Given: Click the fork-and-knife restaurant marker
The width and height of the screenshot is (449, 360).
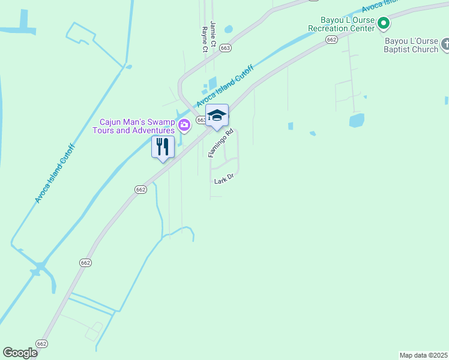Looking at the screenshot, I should tap(163, 148).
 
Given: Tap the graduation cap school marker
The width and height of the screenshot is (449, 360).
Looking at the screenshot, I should tap(217, 116).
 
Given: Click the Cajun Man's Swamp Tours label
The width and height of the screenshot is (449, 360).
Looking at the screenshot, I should tap(133, 126).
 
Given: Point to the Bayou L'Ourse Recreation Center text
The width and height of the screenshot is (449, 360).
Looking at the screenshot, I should tap(341, 24).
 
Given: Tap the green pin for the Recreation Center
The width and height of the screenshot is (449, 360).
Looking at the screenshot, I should tap(384, 24).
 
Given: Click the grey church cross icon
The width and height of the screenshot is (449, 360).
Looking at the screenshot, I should tap(445, 44).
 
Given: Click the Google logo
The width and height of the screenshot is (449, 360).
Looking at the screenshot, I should tap(20, 353).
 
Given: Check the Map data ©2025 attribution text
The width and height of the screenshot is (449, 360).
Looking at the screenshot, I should tap(424, 355).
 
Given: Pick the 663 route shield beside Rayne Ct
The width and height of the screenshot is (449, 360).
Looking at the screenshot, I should tap(225, 48).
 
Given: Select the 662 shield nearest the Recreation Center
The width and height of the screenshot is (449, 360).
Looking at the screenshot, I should tap(331, 39).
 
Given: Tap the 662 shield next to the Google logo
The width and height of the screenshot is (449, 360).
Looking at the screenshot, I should tap(41, 343).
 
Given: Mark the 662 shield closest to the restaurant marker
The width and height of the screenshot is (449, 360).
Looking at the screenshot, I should tap(140, 189).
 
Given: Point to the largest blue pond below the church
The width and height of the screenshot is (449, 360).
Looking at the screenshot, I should tap(356, 120).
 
